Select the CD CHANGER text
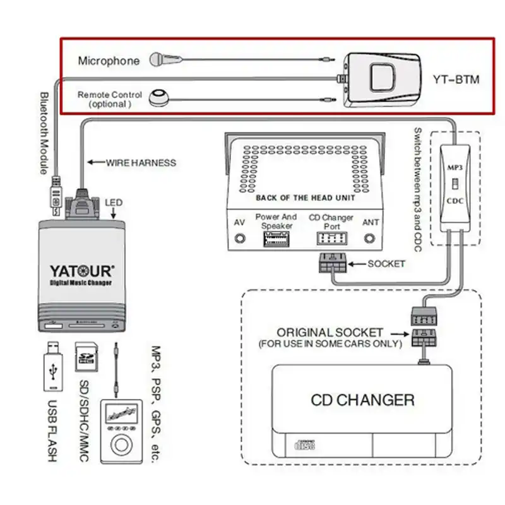click(363, 400)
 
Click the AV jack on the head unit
click(239, 239)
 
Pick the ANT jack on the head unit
click(371, 239)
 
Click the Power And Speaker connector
click(276, 240)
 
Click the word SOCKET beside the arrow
click(386, 263)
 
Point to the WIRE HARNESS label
click(140, 162)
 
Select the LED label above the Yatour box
click(114, 203)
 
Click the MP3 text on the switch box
click(455, 169)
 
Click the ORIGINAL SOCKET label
click(330, 332)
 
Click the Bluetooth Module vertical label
click(45, 133)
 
